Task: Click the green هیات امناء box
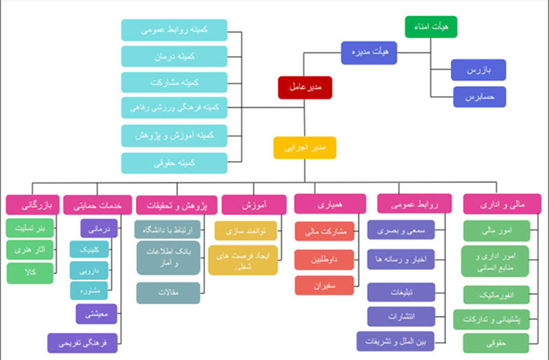coord(430,26)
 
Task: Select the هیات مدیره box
coord(369,53)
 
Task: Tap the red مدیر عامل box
coord(306,88)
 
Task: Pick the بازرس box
coord(479,70)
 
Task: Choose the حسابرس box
coord(479,97)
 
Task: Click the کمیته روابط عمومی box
coord(174,30)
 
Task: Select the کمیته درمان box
coord(174,56)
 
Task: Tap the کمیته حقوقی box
coord(174,163)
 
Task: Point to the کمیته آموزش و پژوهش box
coord(174,135)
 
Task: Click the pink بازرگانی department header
coord(31,205)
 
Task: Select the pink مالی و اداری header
coord(501,205)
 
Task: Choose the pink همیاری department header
coord(329,205)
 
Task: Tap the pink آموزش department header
coord(254,205)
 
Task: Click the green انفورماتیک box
coord(497,294)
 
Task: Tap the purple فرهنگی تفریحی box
coord(82,342)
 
